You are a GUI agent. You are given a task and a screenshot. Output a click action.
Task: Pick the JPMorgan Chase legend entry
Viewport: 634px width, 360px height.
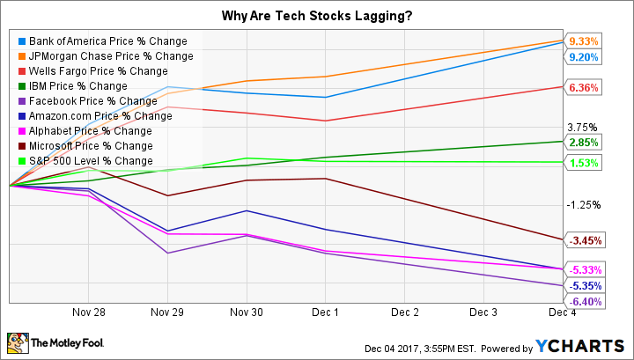(x=96, y=55)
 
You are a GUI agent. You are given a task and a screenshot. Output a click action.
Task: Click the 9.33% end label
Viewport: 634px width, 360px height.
(x=584, y=41)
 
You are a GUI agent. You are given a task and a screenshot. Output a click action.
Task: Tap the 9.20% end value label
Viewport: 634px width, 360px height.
(x=584, y=57)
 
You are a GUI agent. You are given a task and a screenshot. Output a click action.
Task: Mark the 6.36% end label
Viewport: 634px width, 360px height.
(x=584, y=88)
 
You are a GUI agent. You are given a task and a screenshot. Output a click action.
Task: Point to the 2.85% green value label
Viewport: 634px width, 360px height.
(x=584, y=143)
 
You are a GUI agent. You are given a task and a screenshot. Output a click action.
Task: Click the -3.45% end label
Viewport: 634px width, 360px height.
(x=584, y=239)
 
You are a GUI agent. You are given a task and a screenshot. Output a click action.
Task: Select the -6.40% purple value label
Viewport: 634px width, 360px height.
(x=584, y=301)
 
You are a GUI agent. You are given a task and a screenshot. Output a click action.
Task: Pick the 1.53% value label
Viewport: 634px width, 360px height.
(x=584, y=163)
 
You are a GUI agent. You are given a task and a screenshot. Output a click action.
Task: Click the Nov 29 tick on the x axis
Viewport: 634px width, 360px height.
(x=167, y=312)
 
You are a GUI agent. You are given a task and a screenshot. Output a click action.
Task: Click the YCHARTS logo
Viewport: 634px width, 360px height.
(x=590, y=344)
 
